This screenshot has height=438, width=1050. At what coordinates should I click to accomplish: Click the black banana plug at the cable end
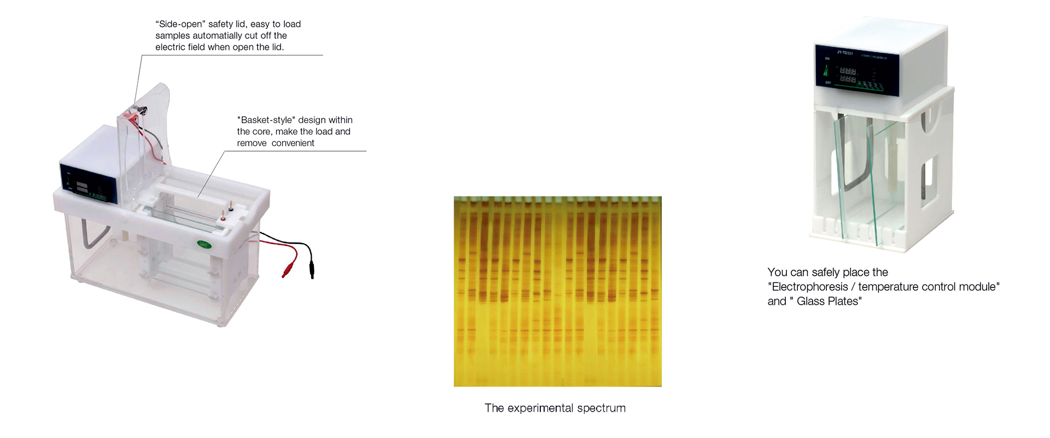[x=312, y=269]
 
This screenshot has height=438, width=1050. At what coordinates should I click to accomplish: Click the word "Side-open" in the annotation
[x=180, y=24]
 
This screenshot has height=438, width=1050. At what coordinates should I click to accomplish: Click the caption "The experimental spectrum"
[x=555, y=408]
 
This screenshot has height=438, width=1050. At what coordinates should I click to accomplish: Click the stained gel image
[x=558, y=291]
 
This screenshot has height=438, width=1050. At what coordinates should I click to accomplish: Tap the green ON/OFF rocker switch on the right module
[x=826, y=71]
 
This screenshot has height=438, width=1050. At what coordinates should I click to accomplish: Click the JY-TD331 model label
[x=845, y=53]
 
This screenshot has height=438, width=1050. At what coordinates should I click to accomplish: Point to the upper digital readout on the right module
[x=848, y=71]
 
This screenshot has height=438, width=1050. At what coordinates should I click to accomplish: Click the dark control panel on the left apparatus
[x=89, y=182]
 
